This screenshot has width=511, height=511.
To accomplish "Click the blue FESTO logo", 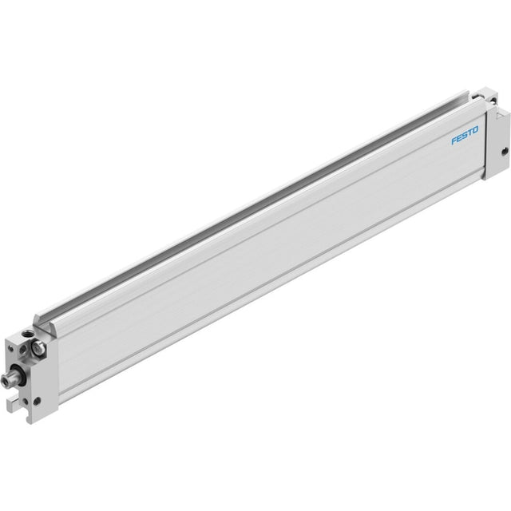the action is [465, 135].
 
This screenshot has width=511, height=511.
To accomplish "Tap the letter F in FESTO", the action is [454, 141].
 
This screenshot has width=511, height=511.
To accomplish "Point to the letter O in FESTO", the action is [476, 130].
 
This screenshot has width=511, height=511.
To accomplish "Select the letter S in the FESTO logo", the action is [465, 135].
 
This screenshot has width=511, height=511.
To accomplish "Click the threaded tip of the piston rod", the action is [6, 380].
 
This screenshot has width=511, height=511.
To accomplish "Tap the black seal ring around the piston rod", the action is [18, 376].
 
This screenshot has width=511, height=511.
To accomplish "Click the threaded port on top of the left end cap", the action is [26, 334].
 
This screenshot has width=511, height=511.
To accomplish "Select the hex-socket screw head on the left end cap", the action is [39, 347].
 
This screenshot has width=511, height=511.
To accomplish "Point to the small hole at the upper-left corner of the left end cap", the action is [11, 349].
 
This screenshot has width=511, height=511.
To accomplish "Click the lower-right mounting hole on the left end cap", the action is [37, 401].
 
